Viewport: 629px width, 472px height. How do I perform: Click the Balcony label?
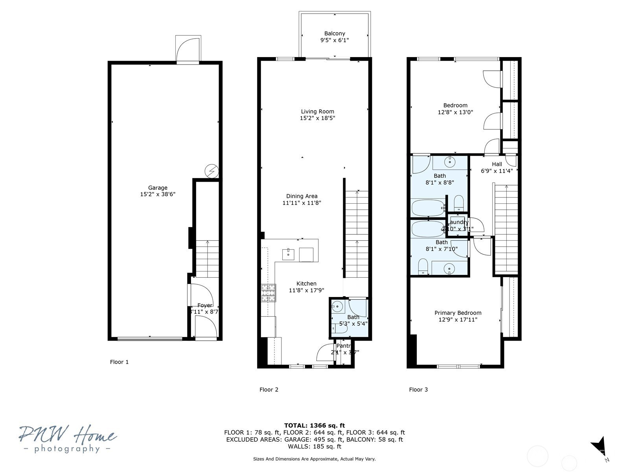coord(335,34)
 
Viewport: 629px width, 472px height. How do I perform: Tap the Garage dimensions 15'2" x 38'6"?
coord(158,194)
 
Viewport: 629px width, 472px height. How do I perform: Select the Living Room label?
coord(317,112)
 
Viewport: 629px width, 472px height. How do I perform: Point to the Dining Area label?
coord(302,196)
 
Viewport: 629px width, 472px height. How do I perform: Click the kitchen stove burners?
coord(269,293)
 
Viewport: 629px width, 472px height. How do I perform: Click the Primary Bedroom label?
coord(458,313)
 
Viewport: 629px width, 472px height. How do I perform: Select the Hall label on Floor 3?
coord(497,164)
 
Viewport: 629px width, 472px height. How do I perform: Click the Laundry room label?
coord(459,222)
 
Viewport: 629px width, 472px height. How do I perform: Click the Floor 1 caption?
coord(119,362)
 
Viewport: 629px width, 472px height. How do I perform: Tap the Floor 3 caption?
coord(418,390)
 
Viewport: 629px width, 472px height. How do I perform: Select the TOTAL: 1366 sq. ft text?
coord(314,425)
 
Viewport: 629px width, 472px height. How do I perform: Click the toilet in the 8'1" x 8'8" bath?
coord(459,203)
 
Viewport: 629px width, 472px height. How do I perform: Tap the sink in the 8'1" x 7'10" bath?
coord(449,269)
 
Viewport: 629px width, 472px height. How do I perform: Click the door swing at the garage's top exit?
coord(188,49)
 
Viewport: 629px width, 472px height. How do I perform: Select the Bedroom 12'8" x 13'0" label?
coord(455,105)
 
